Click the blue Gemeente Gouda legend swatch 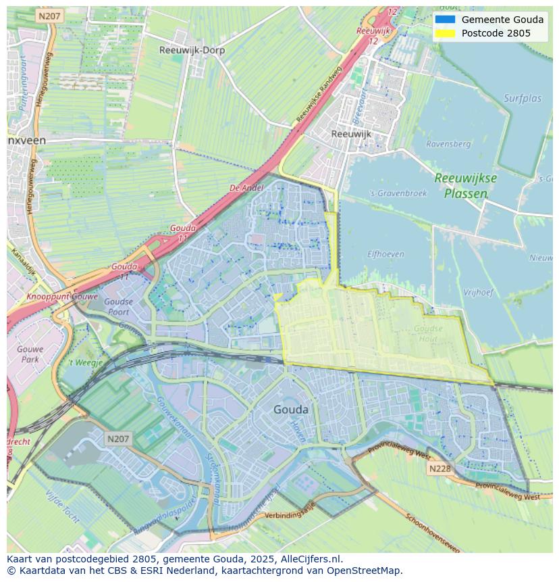click(445, 20)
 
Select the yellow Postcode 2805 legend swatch click(445, 33)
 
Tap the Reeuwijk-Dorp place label click(192, 50)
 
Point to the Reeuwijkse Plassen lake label click(465, 185)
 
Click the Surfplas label click(523, 99)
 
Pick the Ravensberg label click(448, 144)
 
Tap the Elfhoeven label click(385, 254)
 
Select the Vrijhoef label click(479, 293)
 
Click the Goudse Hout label click(429, 334)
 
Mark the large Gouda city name click(291, 410)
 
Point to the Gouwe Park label click(29, 355)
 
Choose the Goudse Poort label click(118, 307)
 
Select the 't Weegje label click(86, 362)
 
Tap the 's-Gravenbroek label click(399, 193)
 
